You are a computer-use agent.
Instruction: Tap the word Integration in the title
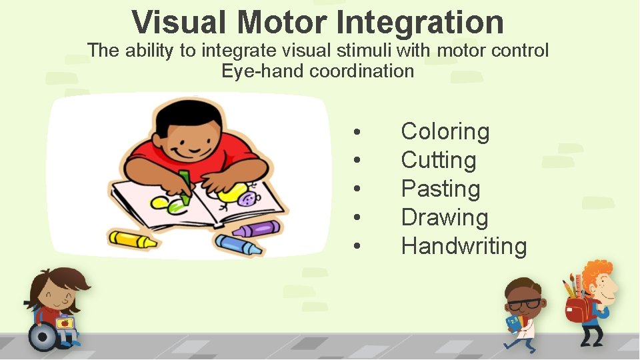click(420, 22)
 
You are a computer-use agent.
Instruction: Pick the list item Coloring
click(445, 131)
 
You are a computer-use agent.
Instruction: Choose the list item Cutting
click(438, 160)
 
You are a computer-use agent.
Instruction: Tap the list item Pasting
click(440, 189)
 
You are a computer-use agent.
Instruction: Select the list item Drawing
click(444, 217)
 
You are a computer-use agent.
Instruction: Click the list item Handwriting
click(463, 246)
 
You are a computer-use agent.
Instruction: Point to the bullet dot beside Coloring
click(358, 132)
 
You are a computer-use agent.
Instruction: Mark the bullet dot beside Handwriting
click(358, 247)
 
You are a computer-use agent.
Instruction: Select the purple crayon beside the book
click(256, 229)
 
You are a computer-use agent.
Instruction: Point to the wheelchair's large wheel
click(43, 337)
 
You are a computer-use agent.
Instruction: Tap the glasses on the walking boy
click(525, 303)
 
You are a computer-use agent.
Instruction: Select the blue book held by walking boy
click(514, 324)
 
